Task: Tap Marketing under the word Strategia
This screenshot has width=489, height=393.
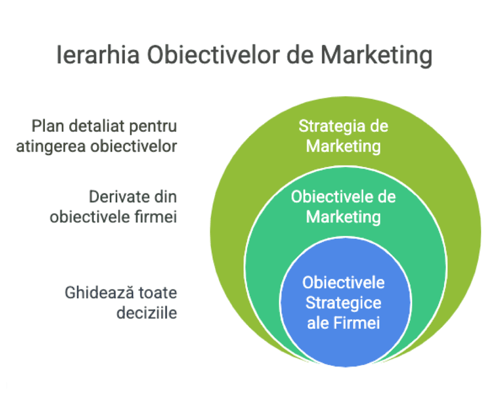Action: coord(343,147)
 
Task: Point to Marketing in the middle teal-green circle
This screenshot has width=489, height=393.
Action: coord(343,217)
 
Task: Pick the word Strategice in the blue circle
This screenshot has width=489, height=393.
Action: coord(343,303)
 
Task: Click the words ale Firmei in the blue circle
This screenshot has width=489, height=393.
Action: coord(343,323)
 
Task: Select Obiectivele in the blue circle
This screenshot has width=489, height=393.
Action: coord(343,282)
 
